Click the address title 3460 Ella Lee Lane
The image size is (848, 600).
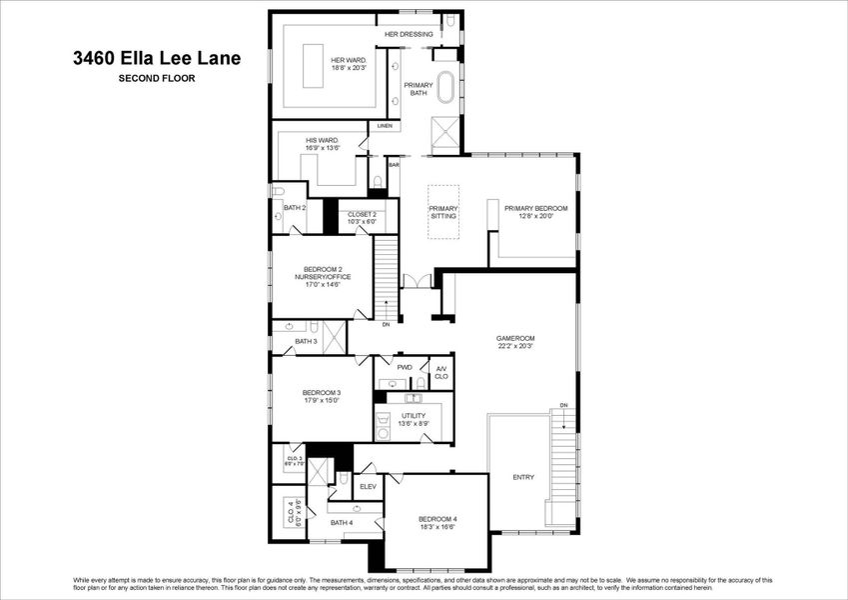pos(154,58)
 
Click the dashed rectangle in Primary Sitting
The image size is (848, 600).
pos(443,212)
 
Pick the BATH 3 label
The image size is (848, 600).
pos(306,342)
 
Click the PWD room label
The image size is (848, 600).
pos(405,367)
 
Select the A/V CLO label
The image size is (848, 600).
pos(441,371)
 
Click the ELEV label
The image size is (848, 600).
pos(367,487)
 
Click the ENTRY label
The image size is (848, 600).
pos(523,477)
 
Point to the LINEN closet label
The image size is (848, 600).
pos(385,126)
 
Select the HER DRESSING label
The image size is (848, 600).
pos(410,35)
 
